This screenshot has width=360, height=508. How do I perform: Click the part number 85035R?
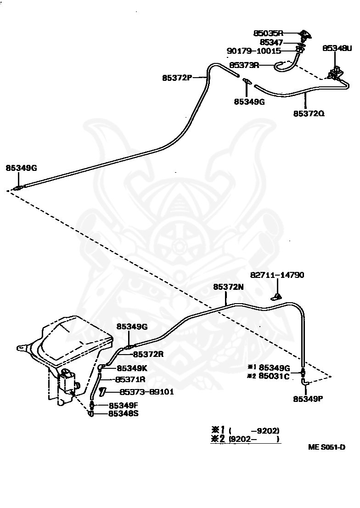[x=268, y=33]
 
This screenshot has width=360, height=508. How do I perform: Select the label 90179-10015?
[x=254, y=51]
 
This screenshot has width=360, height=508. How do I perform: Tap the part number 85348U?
[x=337, y=48]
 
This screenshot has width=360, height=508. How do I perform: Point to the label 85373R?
[x=244, y=65]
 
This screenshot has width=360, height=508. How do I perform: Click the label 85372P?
[x=177, y=78]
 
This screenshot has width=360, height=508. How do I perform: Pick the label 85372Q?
[x=309, y=113]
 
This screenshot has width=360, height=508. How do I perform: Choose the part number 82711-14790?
[x=277, y=275]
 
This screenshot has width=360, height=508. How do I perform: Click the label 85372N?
[x=228, y=287]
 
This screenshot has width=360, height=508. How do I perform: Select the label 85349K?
[x=132, y=368]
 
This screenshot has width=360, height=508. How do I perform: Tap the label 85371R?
[x=130, y=379]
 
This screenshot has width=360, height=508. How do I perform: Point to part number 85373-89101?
[x=147, y=392]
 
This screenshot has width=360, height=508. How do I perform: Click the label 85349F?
[x=124, y=406]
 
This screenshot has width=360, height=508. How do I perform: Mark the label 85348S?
[x=124, y=414]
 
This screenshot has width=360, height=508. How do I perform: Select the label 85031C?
[x=274, y=377]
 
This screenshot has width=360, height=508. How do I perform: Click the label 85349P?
[x=308, y=399]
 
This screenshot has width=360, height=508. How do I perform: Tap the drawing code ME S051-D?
[x=326, y=447]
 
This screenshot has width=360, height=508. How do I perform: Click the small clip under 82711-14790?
[x=276, y=296]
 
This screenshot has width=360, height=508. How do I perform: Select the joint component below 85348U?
[x=335, y=73]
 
